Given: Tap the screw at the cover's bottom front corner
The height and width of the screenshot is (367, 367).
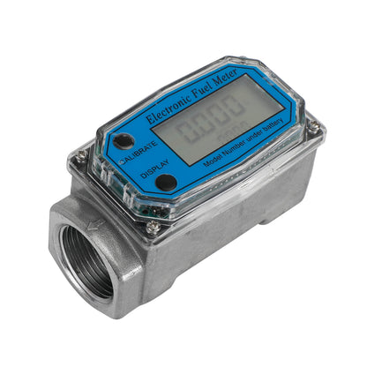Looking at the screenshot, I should coord(153,228).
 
